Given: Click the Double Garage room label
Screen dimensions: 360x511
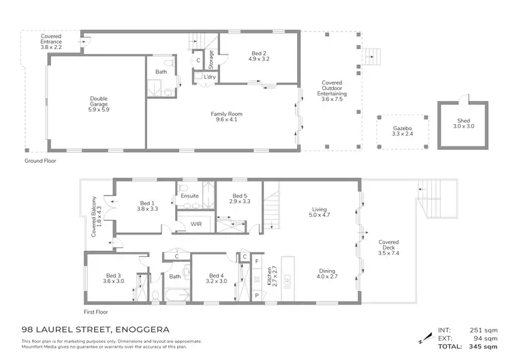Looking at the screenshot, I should click(99, 102).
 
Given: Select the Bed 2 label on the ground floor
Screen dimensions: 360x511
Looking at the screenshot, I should click(260, 56).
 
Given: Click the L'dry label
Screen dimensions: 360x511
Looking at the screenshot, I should click(202, 77).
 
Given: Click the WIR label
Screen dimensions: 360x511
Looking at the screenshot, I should click(196, 224).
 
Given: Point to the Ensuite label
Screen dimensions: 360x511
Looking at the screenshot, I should click(189, 196).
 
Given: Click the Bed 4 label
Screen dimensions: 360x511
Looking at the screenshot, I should click(216, 279).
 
